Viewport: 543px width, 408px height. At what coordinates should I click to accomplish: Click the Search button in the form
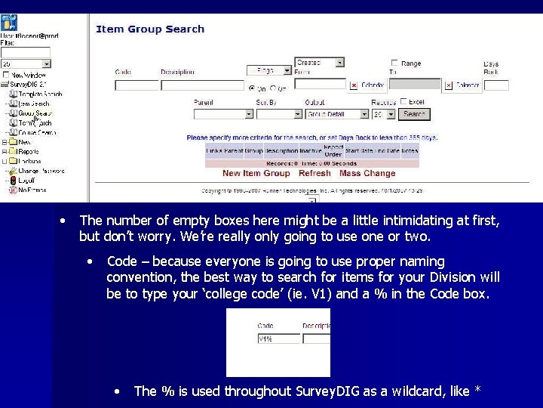pos(414,114)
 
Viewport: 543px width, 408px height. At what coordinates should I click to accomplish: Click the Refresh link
pos(314,173)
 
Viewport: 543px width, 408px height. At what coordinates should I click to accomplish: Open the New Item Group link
pos(256,173)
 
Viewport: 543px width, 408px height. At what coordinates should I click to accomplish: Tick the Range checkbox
pos(394,63)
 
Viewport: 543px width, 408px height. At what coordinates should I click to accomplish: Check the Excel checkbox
pos(403,102)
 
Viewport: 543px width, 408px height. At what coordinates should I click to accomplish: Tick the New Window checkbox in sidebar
pos(6,75)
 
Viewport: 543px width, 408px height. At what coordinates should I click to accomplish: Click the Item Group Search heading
pos(150,29)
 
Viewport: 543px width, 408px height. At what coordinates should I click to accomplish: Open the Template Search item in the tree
pos(40,94)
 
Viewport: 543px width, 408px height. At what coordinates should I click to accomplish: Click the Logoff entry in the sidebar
pos(26,181)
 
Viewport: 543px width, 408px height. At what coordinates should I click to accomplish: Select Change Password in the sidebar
pos(41,171)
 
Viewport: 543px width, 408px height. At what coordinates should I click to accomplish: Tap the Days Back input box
pos(495,85)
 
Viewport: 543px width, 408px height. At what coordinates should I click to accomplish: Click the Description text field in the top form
pos(202,85)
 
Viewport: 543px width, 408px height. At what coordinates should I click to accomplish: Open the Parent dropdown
pos(223,114)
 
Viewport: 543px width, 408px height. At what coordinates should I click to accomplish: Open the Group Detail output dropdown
pos(337,114)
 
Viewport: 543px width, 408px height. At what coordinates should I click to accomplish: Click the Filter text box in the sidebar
pos(26,52)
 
